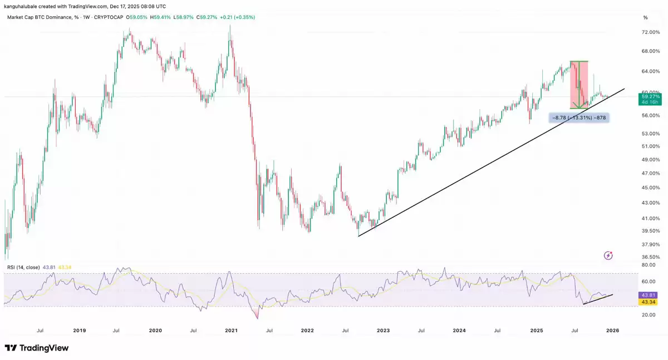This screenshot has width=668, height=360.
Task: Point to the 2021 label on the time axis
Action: pyautogui.click(x=232, y=331)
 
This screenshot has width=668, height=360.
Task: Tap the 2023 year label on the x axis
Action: pyautogui.click(x=383, y=331)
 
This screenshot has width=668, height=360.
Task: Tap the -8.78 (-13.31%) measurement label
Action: pyautogui.click(x=578, y=118)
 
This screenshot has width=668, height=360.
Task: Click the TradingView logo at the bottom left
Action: pyautogui.click(x=37, y=348)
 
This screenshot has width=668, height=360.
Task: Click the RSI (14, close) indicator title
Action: pyautogui.click(x=23, y=268)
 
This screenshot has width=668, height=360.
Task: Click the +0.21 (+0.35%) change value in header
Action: pyautogui.click(x=237, y=17)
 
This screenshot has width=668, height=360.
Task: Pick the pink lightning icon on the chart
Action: pyautogui.click(x=608, y=255)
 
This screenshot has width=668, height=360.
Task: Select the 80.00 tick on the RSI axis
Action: pyautogui.click(x=649, y=265)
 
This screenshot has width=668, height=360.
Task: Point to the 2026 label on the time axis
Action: pyautogui.click(x=612, y=331)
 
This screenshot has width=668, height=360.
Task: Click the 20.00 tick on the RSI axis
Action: pyautogui.click(x=649, y=315)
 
